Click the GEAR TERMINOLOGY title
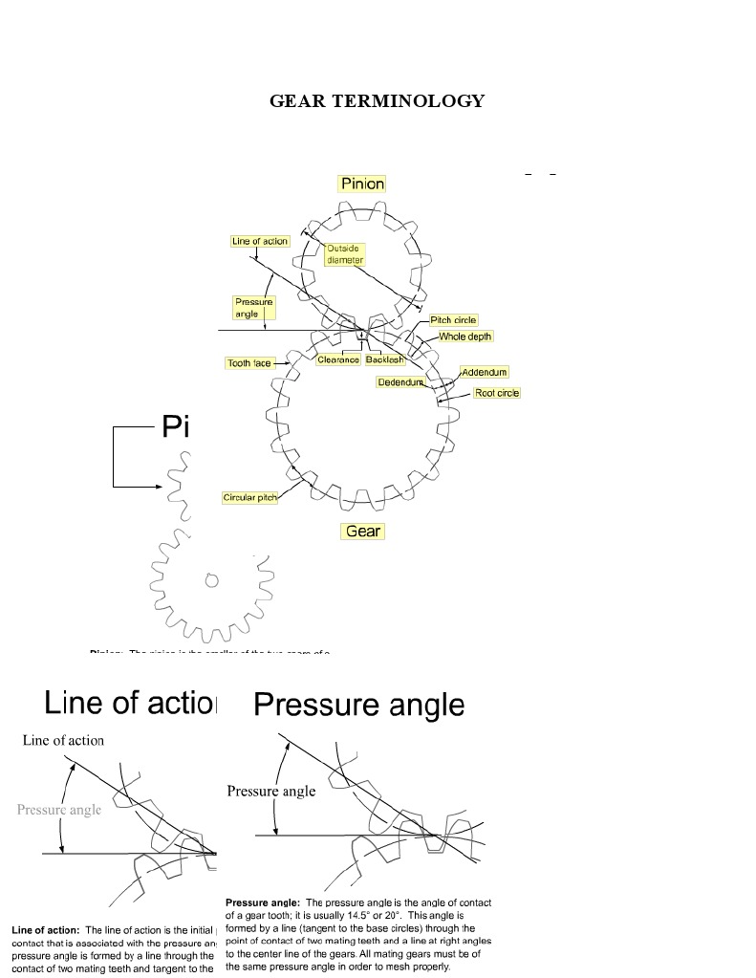coord(377,101)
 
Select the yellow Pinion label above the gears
coord(362,184)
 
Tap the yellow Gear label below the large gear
coord(362,531)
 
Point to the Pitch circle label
coord(453,320)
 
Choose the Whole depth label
coord(465,337)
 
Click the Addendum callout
coord(485,372)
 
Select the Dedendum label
coord(400,381)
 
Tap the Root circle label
coord(497,393)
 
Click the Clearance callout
coord(338,359)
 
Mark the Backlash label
coord(385,359)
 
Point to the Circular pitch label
coord(249,498)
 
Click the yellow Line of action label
coord(260,241)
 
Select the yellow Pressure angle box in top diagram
coord(253,308)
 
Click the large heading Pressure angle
coord(359,705)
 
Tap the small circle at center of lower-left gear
coord(211,579)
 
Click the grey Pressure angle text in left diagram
coord(59,810)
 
